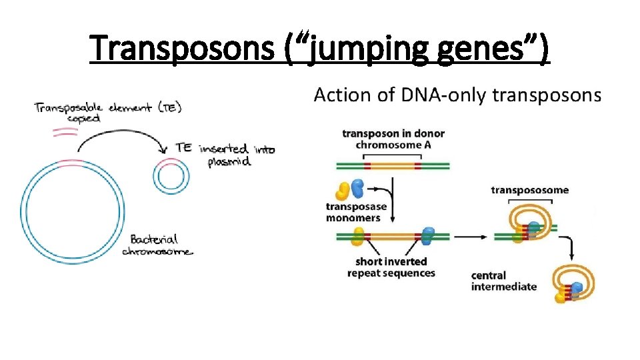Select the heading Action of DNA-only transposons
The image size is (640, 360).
(457, 95)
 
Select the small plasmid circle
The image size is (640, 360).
(172, 177)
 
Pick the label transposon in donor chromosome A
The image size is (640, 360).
(393, 139)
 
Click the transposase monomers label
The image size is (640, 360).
(356, 212)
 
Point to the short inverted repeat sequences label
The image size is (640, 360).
(391, 267)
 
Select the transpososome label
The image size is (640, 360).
(530, 190)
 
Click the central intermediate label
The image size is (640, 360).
(503, 281)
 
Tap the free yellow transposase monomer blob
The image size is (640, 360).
(344, 191)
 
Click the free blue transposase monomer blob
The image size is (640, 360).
(358, 187)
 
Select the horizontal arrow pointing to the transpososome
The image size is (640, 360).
(469, 236)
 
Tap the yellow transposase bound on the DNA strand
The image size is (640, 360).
(359, 236)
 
